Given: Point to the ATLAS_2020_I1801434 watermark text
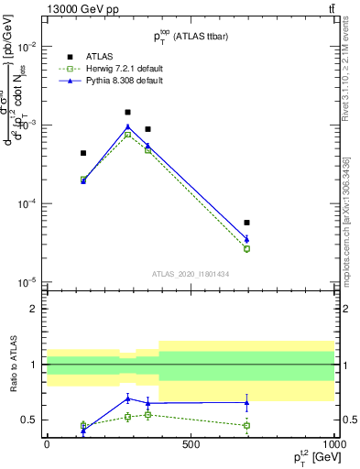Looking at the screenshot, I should point(190,274).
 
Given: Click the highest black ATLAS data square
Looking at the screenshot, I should point(127,113).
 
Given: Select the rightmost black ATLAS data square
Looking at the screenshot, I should point(246,223).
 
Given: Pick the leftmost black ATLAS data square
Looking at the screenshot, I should point(83,153).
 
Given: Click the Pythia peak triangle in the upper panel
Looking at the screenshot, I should point(127,126).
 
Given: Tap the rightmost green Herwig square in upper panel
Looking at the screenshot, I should point(246,248).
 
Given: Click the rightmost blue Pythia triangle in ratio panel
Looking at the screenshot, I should point(246,402).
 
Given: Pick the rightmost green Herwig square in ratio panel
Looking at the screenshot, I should point(246,425).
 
